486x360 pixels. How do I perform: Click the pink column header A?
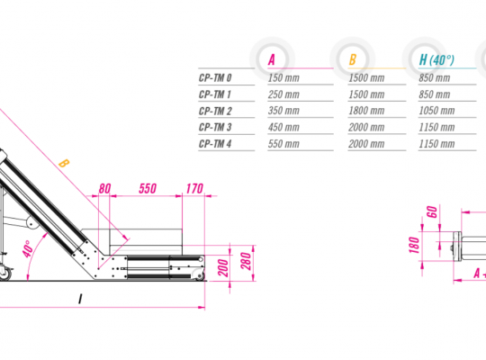click(272, 59)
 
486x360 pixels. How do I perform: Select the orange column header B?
click(353, 59)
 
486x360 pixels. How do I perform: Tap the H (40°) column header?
click(436, 59)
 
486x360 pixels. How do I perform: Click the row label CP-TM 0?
click(215, 77)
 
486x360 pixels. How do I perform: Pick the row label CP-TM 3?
click(215, 127)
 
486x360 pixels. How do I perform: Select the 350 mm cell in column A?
click(283, 111)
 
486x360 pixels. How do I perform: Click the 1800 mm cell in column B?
click(366, 111)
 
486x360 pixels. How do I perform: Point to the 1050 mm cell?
click(436, 111)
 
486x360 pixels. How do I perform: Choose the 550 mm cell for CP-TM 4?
click(283, 144)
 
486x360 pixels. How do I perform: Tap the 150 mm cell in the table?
click(283, 77)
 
